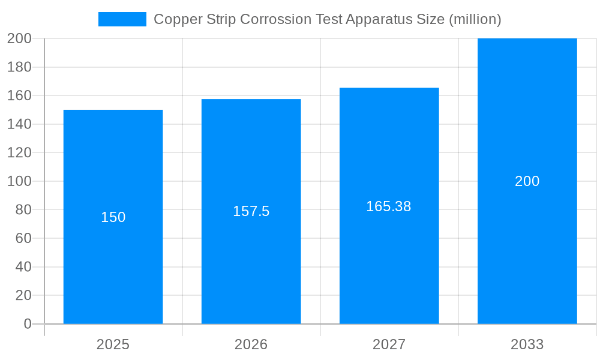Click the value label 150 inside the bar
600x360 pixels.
[x=113, y=217]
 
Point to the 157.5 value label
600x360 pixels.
[x=251, y=211]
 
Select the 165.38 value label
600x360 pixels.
[x=389, y=206]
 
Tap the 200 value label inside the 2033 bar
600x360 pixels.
[x=527, y=181]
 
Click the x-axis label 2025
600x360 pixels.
[x=113, y=344]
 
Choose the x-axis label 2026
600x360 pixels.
[x=251, y=344]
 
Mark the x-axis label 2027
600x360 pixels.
[x=389, y=344]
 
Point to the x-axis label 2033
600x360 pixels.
[x=527, y=344]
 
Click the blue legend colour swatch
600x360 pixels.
[x=122, y=19]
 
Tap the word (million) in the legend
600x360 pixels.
[x=475, y=19]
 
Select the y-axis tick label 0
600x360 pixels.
[x=27, y=324]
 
